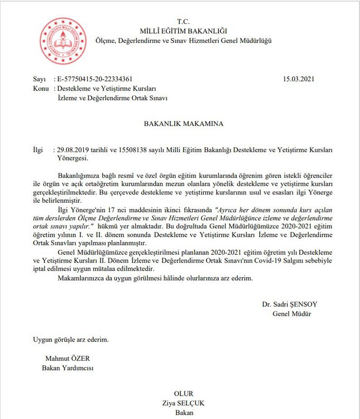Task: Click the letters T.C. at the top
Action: pyautogui.click(x=183, y=21)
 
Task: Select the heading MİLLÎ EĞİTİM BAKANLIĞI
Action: pyautogui.click(x=183, y=31)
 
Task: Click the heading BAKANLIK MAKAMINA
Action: pyautogui.click(x=183, y=123)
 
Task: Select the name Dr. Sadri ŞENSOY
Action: pyautogui.click(x=289, y=304)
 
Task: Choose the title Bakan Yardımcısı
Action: pyautogui.click(x=68, y=368)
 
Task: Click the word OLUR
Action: pyautogui.click(x=183, y=393)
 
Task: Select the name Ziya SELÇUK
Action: pyautogui.click(x=183, y=403)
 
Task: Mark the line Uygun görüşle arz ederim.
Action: pyautogui.click(x=71, y=339)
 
